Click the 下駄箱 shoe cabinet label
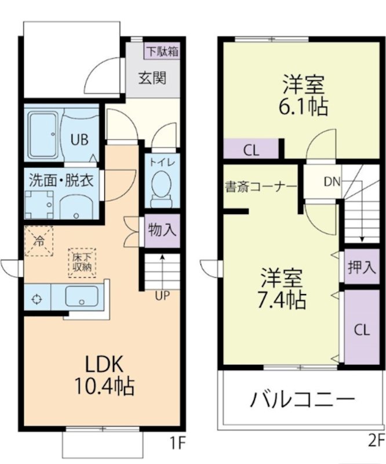[x=161, y=51]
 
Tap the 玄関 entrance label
[x=152, y=77]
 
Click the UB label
[x=79, y=139]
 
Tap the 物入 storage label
[x=162, y=230]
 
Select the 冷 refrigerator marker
[x=39, y=240]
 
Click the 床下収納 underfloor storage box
[x=82, y=263]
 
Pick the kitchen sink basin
[x=82, y=298]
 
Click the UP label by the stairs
[x=162, y=295]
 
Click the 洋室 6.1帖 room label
[x=303, y=95]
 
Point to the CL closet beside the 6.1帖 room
[x=250, y=150]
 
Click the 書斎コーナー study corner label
[x=261, y=187]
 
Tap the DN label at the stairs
[x=332, y=182]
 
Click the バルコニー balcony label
[x=302, y=400]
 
